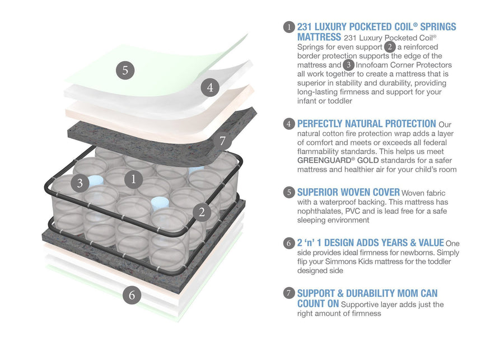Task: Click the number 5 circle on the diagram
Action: (125, 71)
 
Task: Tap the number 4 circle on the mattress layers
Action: (209, 88)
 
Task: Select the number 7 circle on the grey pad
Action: (222, 141)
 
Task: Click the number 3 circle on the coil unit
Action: (80, 183)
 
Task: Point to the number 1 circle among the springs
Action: (133, 179)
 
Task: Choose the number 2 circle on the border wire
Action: (201, 212)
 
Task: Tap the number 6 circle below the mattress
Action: (132, 295)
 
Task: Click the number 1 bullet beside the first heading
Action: (289, 27)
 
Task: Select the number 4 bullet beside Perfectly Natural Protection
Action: (289, 124)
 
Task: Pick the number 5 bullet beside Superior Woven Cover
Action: (289, 193)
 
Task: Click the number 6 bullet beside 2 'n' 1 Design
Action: (289, 243)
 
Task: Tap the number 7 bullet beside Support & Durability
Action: (289, 293)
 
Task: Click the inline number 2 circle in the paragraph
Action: (390, 47)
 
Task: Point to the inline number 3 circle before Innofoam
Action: (348, 65)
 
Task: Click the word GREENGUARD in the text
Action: (320, 160)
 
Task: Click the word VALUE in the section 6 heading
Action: (428, 243)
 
